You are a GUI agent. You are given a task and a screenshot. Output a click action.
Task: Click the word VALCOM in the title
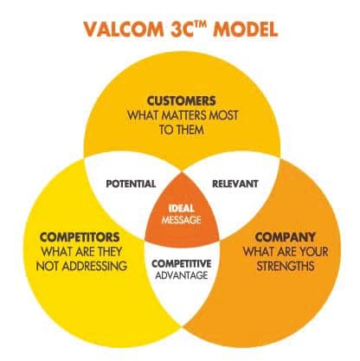click(x=124, y=29)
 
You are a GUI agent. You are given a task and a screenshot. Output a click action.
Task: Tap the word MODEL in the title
click(x=245, y=29)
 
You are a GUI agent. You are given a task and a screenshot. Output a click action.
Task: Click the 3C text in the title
click(x=181, y=29)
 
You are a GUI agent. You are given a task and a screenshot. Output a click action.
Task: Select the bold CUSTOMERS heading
click(x=182, y=101)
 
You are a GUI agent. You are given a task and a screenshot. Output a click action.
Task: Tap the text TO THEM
click(x=182, y=130)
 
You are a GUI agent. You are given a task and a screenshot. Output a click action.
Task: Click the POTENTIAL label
click(x=131, y=184)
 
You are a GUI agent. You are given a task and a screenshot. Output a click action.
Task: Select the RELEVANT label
click(x=235, y=184)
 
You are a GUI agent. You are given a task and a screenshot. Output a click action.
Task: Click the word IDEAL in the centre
click(x=182, y=209)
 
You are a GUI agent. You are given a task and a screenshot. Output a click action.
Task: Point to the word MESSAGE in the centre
click(x=182, y=220)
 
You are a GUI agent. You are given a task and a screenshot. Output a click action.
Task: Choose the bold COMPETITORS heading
click(x=80, y=237)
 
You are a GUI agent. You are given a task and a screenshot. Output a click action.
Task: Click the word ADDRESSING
click(x=94, y=266)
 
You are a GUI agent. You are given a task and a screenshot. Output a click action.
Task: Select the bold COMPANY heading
click(x=285, y=237)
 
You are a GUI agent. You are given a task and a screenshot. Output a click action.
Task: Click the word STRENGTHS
click(x=286, y=266)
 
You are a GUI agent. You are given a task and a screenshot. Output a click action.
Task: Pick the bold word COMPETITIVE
click(x=182, y=263)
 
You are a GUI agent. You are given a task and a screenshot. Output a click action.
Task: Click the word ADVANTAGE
click(x=182, y=275)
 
